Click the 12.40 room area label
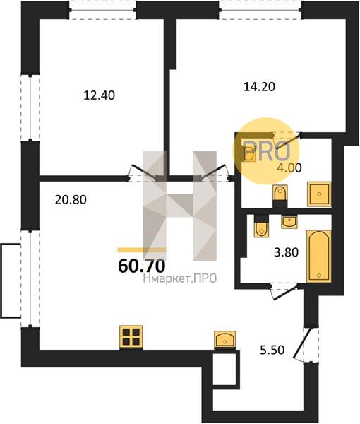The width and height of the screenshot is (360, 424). (99, 95)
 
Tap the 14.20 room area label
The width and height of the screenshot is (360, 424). (259, 87)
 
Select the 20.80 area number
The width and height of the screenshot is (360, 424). (71, 200)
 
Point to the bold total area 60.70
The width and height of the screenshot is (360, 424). (141, 266)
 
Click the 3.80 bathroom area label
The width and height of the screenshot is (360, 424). (286, 252)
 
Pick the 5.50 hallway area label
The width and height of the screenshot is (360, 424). (272, 351)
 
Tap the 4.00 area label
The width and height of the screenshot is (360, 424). (289, 168)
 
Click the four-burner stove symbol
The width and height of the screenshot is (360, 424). (131, 338)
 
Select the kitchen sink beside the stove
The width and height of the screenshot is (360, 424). (224, 338)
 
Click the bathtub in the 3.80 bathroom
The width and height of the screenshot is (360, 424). (318, 256)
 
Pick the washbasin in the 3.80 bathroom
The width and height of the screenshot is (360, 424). (289, 222)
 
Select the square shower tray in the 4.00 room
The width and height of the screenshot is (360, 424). (320, 194)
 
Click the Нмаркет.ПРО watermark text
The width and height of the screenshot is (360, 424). (180, 278)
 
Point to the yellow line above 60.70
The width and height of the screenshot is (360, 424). (142, 250)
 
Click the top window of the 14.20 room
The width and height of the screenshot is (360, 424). (260, 11)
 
